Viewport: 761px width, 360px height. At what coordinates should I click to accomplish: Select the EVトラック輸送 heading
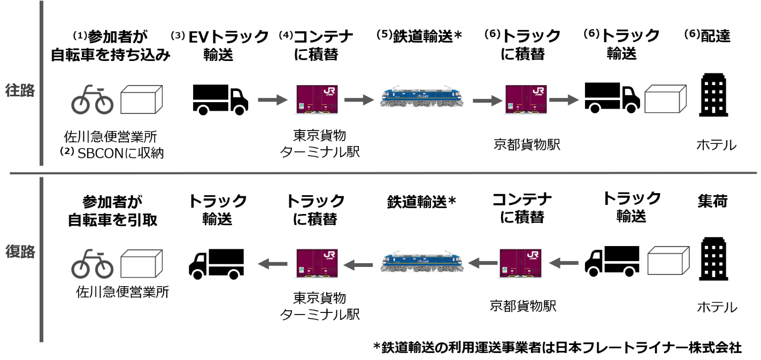click(219, 45)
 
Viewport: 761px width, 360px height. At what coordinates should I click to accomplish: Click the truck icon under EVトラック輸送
click(220, 100)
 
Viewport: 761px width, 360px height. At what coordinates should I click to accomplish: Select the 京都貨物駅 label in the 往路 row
click(527, 144)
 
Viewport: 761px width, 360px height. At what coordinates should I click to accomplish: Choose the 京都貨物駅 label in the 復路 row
click(524, 305)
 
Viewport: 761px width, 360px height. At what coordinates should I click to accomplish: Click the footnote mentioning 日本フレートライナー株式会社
click(557, 347)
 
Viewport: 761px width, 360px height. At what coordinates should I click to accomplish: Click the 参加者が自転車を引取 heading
click(112, 211)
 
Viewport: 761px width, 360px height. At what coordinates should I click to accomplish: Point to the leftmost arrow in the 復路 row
click(272, 262)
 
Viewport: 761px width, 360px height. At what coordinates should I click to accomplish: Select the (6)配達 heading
click(708, 36)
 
